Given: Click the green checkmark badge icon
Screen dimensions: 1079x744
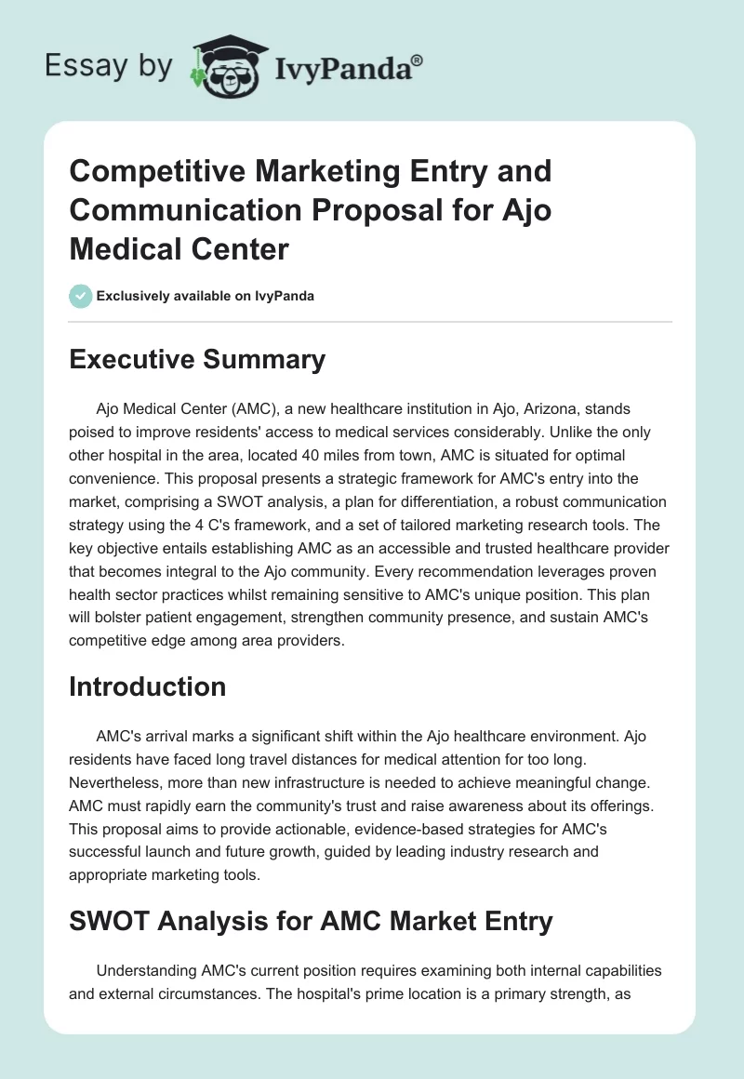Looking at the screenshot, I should point(80,296).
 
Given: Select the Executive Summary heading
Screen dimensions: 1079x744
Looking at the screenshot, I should point(197,359).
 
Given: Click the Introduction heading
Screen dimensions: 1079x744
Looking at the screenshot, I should point(148,686).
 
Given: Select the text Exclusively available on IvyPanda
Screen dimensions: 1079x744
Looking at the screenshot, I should point(205,296).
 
